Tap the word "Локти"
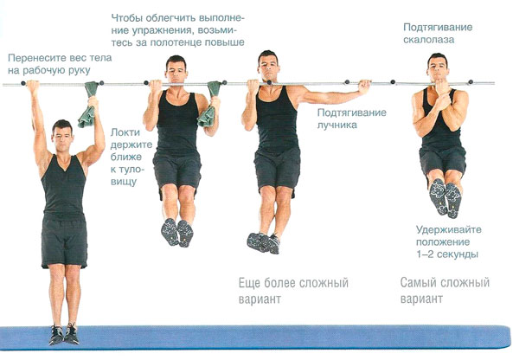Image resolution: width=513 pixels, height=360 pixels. pos(125,132)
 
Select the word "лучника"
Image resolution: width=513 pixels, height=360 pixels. pos(337,125)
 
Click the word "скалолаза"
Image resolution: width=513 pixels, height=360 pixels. pos(428,40)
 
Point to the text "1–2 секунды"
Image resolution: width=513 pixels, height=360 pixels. pos(447,254)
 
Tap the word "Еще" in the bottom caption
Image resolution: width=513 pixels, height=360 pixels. pos(248,283)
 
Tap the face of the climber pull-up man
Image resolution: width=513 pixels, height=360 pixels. pos(438,69)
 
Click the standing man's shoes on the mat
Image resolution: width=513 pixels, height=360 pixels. pos(64,334)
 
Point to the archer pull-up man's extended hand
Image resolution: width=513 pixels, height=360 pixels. pos(364,87)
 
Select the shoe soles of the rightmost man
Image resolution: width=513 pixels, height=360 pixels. pos(446,198)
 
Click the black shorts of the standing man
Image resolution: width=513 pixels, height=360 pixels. pos(65,241)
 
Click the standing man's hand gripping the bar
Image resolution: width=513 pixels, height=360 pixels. pos(33,87)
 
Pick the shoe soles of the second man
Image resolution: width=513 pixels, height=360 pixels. pos(177,233)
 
